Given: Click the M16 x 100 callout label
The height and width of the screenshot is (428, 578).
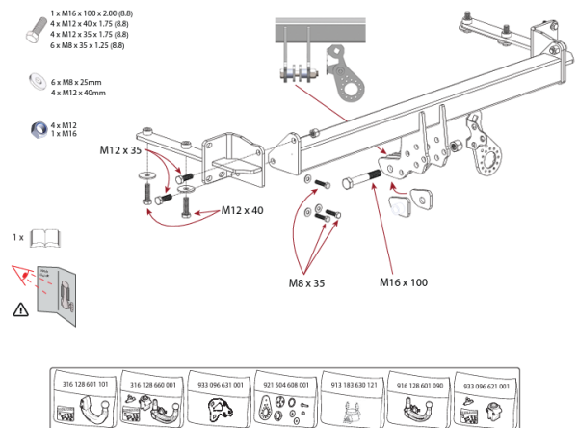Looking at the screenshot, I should [404, 282].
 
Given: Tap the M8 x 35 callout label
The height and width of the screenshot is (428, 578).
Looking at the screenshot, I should [307, 283].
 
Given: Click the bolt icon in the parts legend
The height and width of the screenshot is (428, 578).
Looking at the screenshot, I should [33, 27].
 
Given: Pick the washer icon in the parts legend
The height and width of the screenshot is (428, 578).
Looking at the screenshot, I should [34, 81].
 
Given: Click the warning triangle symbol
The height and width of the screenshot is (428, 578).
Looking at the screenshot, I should [21, 309].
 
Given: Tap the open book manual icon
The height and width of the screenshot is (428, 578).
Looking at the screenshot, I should [45, 237].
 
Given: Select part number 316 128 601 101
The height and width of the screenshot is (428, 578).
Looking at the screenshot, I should [85, 384].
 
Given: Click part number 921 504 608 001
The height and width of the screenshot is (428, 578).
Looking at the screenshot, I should [285, 384].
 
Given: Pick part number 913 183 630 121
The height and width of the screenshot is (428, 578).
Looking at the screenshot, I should [353, 384].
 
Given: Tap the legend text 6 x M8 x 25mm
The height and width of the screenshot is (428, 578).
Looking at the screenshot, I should [78, 83].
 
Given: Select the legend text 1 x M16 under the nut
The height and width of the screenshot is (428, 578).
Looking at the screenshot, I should [65, 134].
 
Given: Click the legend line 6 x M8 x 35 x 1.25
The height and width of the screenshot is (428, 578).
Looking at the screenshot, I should [88, 45].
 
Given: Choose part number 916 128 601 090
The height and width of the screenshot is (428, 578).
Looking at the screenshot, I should [419, 384].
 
